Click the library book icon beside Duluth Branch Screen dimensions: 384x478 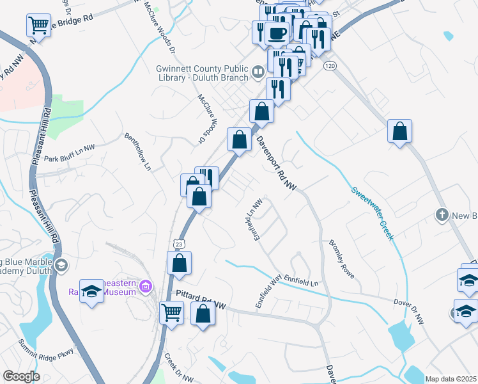coord(258,72)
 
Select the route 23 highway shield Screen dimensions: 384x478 coord(180,244)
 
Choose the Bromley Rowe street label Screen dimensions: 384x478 coord(341,259)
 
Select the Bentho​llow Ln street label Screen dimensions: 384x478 coord(138,151)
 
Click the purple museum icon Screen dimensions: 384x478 coord(146,285)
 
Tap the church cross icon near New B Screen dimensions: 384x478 coord(442,215)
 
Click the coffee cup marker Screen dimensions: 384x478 coord(277,33)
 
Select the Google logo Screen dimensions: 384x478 coord(21,376)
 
